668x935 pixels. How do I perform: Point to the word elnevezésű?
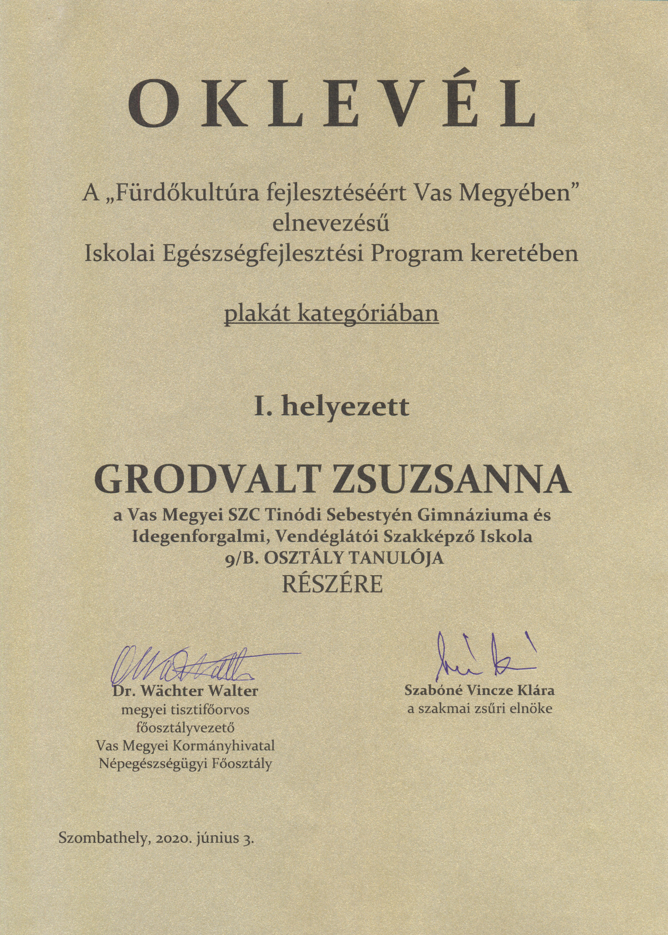pyautogui.click(x=332, y=224)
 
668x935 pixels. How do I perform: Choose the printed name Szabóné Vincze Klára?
pyautogui.click(x=479, y=690)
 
